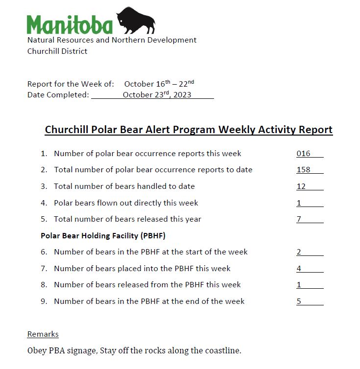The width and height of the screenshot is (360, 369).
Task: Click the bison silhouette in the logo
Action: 136,21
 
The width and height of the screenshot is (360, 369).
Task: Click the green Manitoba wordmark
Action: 70,24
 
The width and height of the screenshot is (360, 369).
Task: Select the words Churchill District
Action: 57,51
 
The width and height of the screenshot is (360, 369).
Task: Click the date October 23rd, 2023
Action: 157,94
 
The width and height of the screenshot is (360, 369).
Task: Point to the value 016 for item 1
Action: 303,154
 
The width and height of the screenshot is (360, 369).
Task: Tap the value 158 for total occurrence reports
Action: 303,170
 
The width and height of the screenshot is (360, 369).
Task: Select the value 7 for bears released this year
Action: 299,219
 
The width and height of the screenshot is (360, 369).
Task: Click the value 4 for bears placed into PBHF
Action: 299,268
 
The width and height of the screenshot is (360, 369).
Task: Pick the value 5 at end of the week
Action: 299,301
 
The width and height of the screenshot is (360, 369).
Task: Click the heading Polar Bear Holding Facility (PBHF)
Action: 103,235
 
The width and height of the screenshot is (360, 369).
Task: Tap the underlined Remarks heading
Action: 43,334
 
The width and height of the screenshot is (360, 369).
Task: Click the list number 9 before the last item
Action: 44,301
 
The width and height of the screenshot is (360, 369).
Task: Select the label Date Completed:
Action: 58,94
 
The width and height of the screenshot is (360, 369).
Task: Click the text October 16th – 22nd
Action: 159,84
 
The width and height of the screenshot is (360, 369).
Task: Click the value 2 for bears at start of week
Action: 299,252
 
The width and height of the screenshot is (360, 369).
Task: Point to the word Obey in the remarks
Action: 37,350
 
